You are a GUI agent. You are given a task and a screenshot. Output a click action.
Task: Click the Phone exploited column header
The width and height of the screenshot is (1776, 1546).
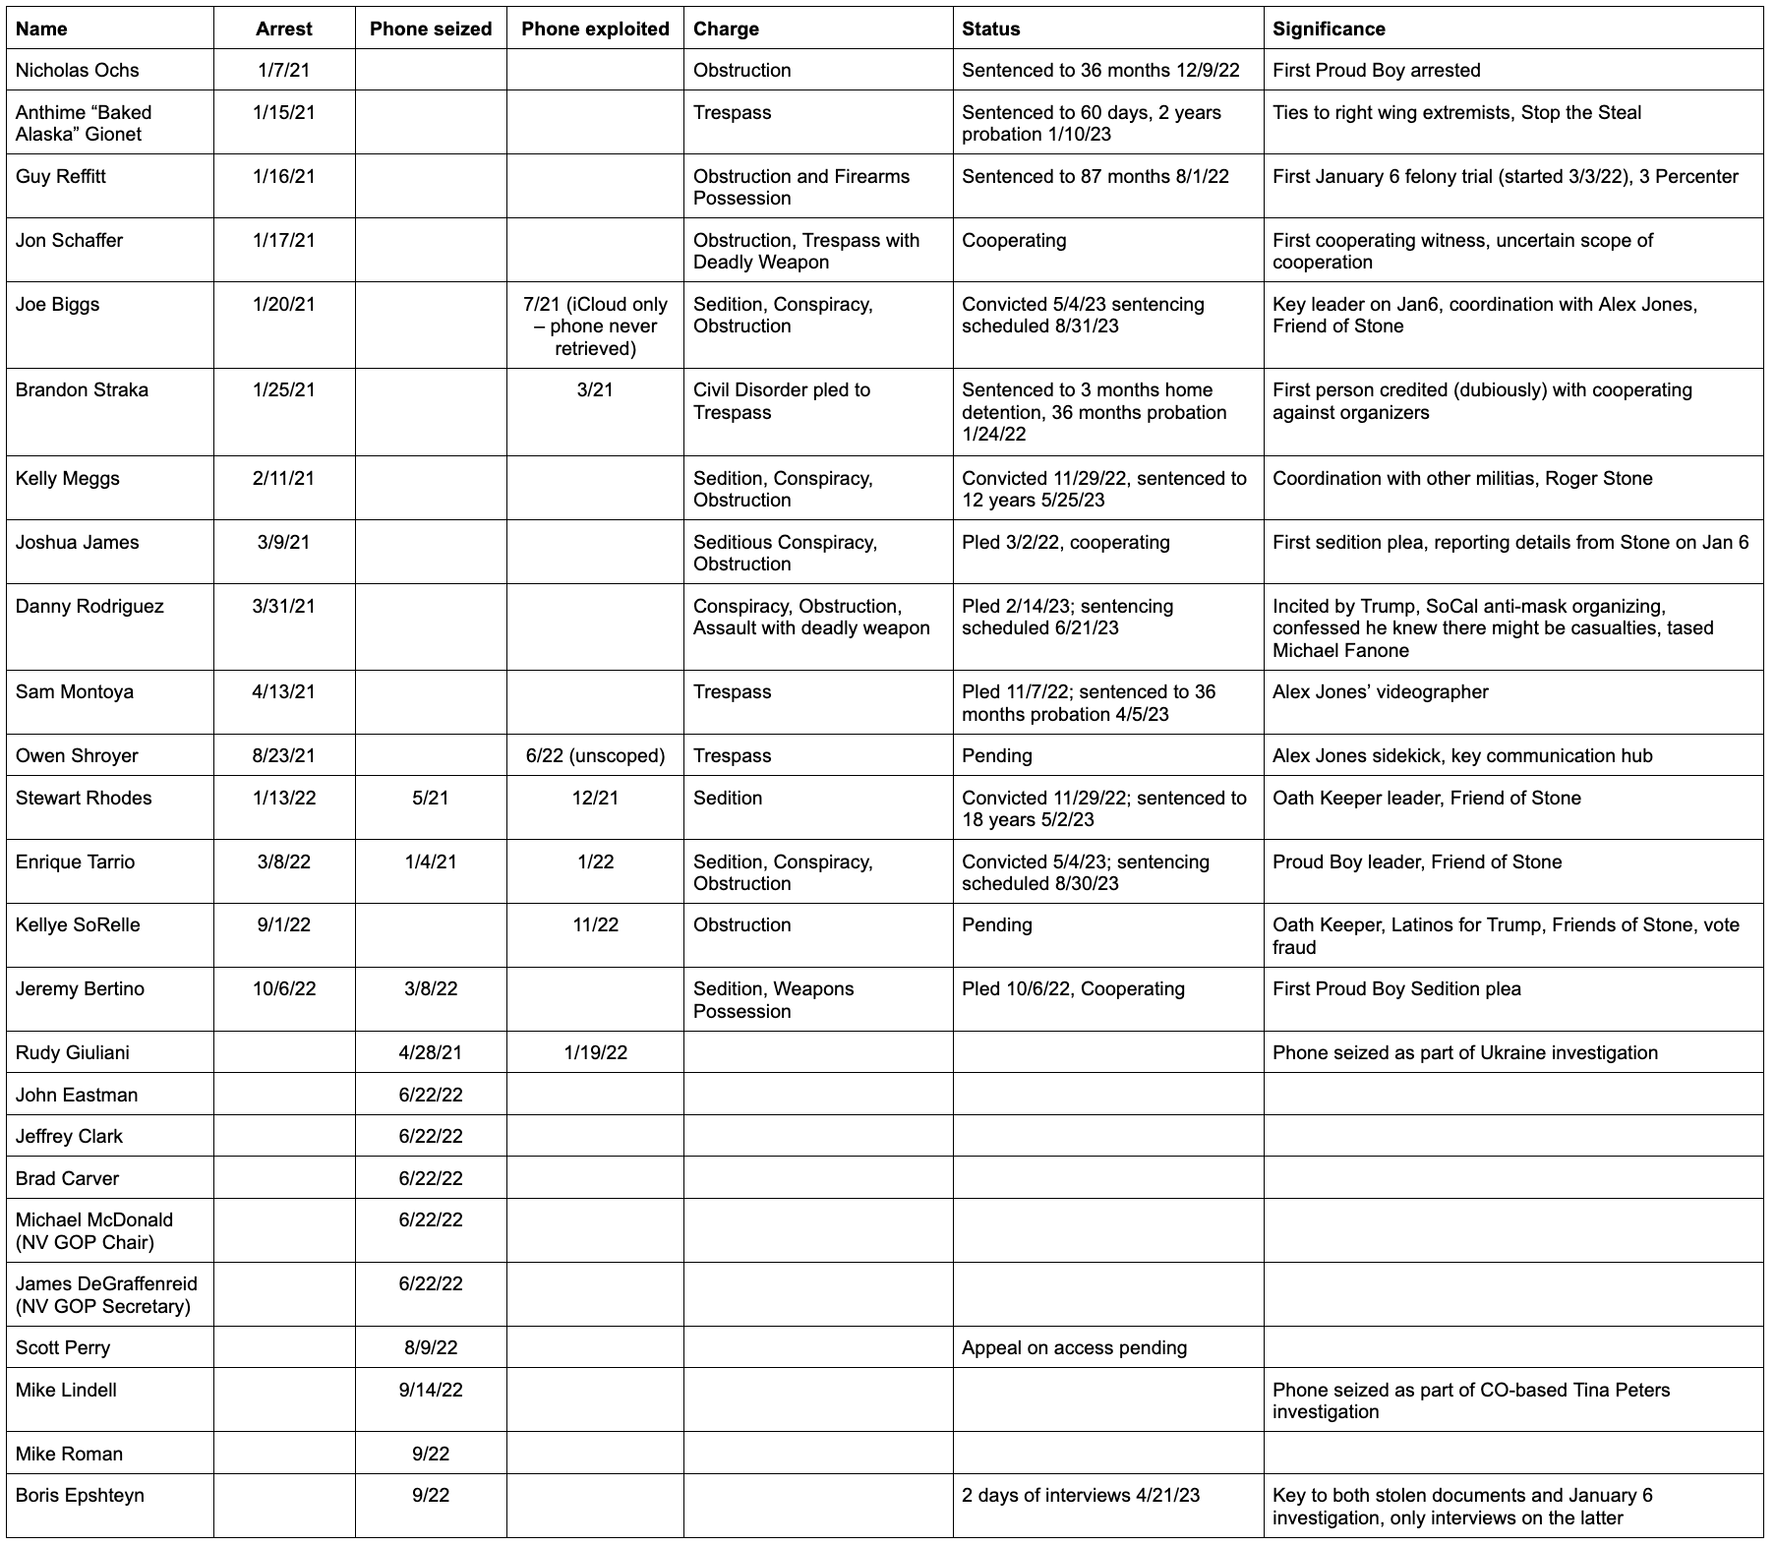595,29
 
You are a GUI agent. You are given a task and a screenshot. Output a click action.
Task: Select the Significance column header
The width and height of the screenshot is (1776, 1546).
1329,29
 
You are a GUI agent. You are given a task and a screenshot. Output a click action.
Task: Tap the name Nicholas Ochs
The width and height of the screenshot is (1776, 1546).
78,70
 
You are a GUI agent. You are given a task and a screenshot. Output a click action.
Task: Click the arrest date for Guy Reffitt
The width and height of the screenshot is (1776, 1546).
284,176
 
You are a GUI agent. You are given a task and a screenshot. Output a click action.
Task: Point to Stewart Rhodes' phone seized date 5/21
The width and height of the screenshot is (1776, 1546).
431,798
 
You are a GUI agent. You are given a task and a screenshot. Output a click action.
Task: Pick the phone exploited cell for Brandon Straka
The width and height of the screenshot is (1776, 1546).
595,389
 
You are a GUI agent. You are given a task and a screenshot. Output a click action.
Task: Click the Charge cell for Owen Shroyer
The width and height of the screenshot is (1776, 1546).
733,755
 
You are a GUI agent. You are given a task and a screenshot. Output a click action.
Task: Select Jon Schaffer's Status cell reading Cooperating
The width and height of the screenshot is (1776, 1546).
1014,240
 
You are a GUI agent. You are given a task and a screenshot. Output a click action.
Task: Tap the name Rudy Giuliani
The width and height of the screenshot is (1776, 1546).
73,1052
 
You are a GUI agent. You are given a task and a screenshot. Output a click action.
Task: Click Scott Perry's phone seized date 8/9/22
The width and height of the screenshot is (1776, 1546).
431,1347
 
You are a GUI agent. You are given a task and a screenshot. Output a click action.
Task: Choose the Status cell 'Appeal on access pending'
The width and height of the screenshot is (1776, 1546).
1074,1347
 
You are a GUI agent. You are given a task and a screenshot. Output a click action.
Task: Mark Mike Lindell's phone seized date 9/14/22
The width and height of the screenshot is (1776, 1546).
431,1390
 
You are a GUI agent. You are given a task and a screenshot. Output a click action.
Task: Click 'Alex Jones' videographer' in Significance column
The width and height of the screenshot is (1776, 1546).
1380,691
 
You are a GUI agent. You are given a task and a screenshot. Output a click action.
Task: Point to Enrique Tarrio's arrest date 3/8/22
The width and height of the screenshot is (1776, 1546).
284,862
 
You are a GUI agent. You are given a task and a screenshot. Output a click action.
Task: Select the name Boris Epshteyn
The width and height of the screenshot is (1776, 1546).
80,1495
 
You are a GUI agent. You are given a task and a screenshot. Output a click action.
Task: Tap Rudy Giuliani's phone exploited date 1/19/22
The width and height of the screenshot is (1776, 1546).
595,1052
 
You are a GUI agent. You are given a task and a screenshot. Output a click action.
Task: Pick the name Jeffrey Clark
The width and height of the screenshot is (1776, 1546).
69,1136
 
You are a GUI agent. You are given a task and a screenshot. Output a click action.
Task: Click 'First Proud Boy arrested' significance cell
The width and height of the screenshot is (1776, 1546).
1376,70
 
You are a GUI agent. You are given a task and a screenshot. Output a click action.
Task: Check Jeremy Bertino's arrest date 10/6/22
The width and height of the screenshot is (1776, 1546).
284,988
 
